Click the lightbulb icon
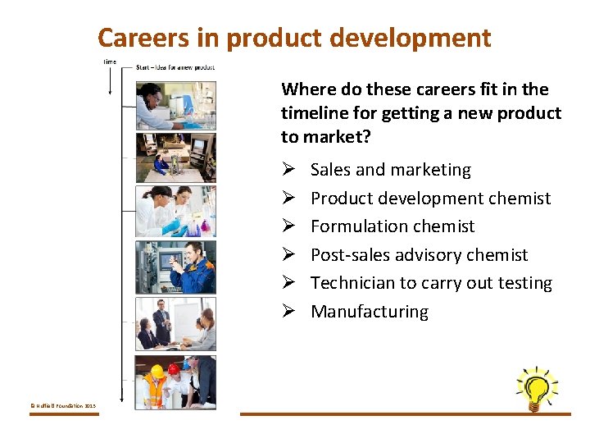pyautogui.click(x=536, y=388)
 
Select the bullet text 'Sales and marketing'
pyautogui.click(x=391, y=170)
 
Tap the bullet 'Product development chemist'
pyautogui.click(x=430, y=198)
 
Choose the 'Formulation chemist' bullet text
pyautogui.click(x=393, y=226)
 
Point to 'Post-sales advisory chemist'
pyautogui.click(x=419, y=254)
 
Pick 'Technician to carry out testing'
pyautogui.click(x=431, y=283)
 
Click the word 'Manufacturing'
pyautogui.click(x=369, y=312)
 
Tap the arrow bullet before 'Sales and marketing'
pyautogui.click(x=288, y=170)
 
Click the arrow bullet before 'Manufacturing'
pyautogui.click(x=288, y=312)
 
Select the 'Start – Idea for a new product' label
pyautogui.click(x=175, y=67)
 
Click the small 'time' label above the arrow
pyautogui.click(x=110, y=62)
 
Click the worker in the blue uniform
pyautogui.click(x=193, y=268)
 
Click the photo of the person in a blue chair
pyautogui.click(x=175, y=157)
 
